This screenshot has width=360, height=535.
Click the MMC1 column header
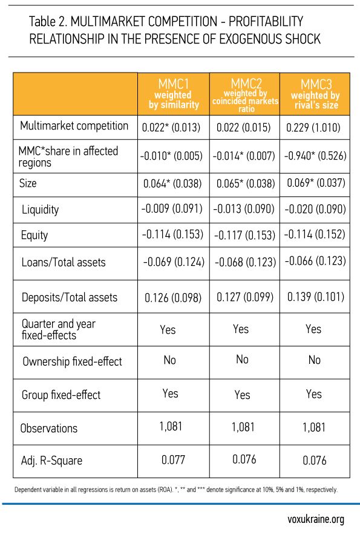point(174,94)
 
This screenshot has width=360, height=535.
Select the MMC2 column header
point(245,95)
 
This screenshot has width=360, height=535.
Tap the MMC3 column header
point(315,94)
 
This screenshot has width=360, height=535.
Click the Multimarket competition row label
point(74,126)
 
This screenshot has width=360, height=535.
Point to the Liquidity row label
point(41,210)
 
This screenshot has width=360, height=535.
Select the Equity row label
point(34,235)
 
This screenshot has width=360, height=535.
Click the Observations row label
point(49,428)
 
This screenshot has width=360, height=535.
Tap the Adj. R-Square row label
point(51,461)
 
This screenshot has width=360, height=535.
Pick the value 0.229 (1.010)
point(313,128)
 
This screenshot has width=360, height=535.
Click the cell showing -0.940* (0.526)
point(315,155)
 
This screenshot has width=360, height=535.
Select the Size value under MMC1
point(172,184)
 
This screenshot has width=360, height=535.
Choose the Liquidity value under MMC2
point(243,209)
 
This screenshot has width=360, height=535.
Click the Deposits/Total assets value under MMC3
point(316,297)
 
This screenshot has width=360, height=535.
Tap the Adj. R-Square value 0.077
point(173,460)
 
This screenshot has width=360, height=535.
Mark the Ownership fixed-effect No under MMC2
point(242,359)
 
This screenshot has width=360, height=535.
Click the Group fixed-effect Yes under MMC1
point(170,394)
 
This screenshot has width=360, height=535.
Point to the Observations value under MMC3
point(313,427)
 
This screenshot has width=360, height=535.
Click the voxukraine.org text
point(316,519)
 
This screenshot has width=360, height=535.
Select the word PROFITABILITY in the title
point(266,22)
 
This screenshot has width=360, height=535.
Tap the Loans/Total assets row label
point(64,262)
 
